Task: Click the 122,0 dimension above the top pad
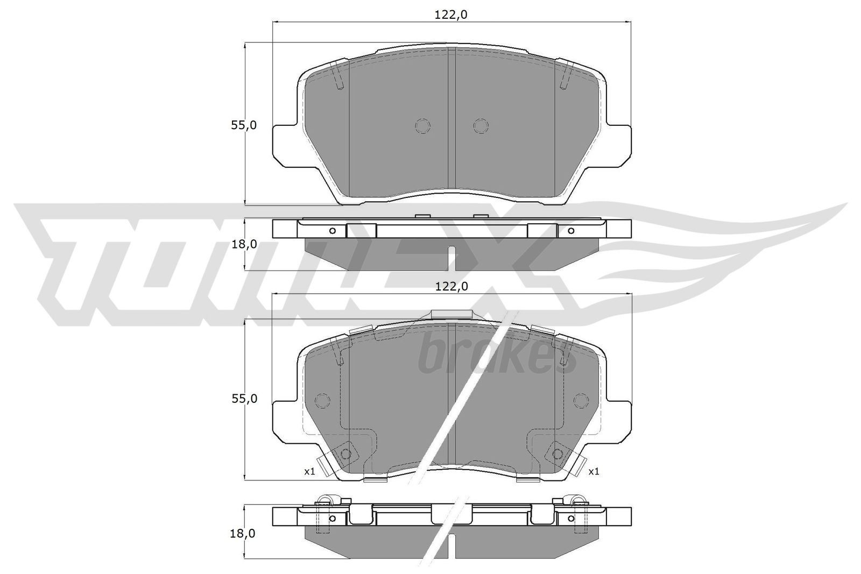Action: (x=451, y=16)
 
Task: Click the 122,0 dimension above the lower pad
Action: (x=451, y=287)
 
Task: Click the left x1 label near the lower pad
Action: (x=309, y=472)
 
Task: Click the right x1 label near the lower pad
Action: (x=594, y=472)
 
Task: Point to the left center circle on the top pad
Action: (x=423, y=126)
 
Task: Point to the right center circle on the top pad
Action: (x=481, y=126)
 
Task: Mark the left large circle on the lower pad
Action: (x=322, y=401)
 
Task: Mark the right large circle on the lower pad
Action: (x=581, y=401)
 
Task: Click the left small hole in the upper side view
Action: (x=332, y=231)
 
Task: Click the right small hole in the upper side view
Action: (x=571, y=231)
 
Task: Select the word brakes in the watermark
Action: (x=495, y=355)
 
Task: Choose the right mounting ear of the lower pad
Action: (x=619, y=417)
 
